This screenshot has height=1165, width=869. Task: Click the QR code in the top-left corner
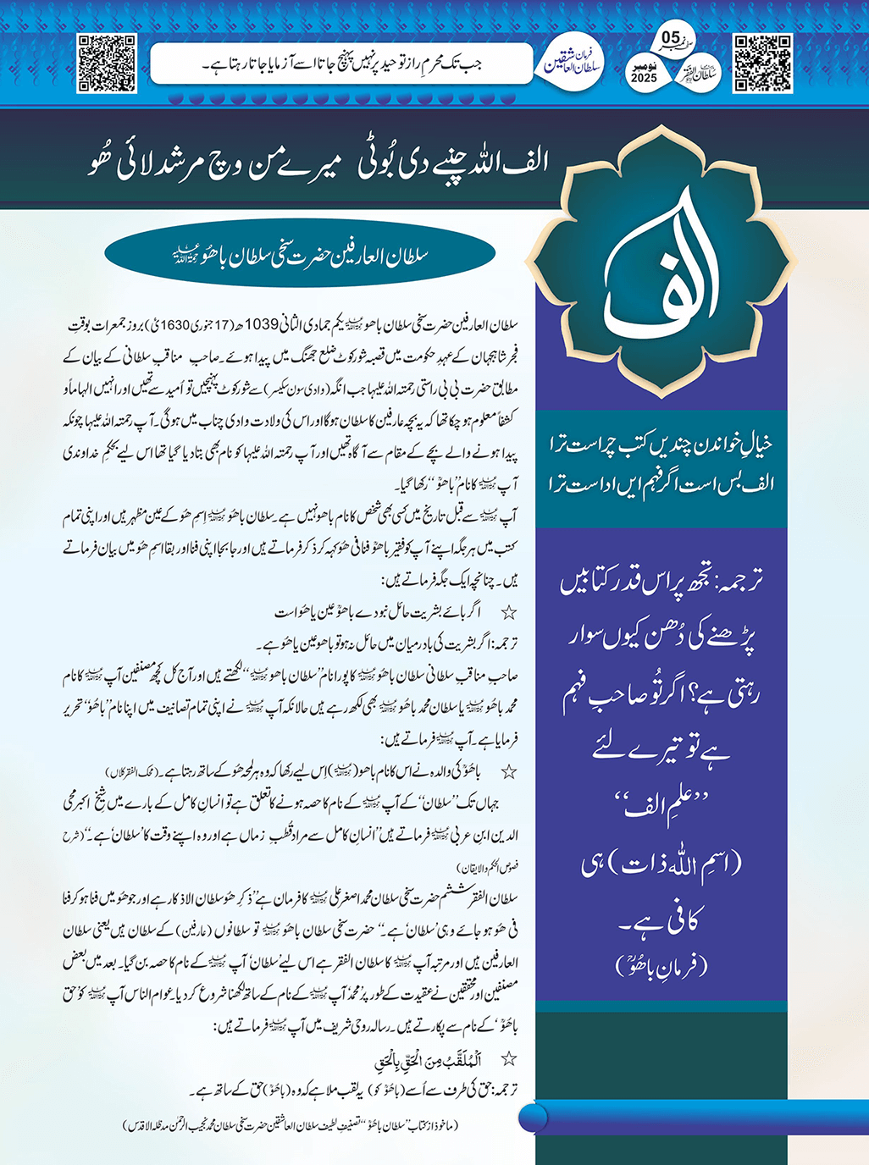click(107, 63)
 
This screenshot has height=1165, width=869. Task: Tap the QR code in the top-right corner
click(762, 63)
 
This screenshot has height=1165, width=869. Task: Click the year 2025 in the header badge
click(644, 78)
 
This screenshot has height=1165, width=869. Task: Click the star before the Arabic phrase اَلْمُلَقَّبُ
click(508, 1059)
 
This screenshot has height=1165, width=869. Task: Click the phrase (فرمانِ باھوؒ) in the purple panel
click(661, 965)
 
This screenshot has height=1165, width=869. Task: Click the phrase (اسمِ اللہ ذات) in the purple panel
click(661, 864)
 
